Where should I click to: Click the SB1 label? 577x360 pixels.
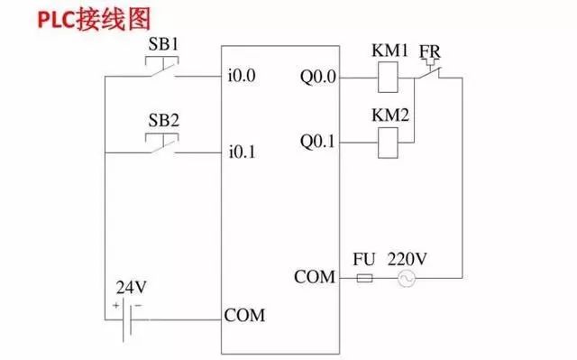point(162,45)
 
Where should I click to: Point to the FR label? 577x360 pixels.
point(430,51)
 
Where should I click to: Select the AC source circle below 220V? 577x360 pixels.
point(407,279)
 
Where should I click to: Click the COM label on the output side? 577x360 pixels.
point(315,276)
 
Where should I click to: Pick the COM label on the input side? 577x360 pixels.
point(244,317)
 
